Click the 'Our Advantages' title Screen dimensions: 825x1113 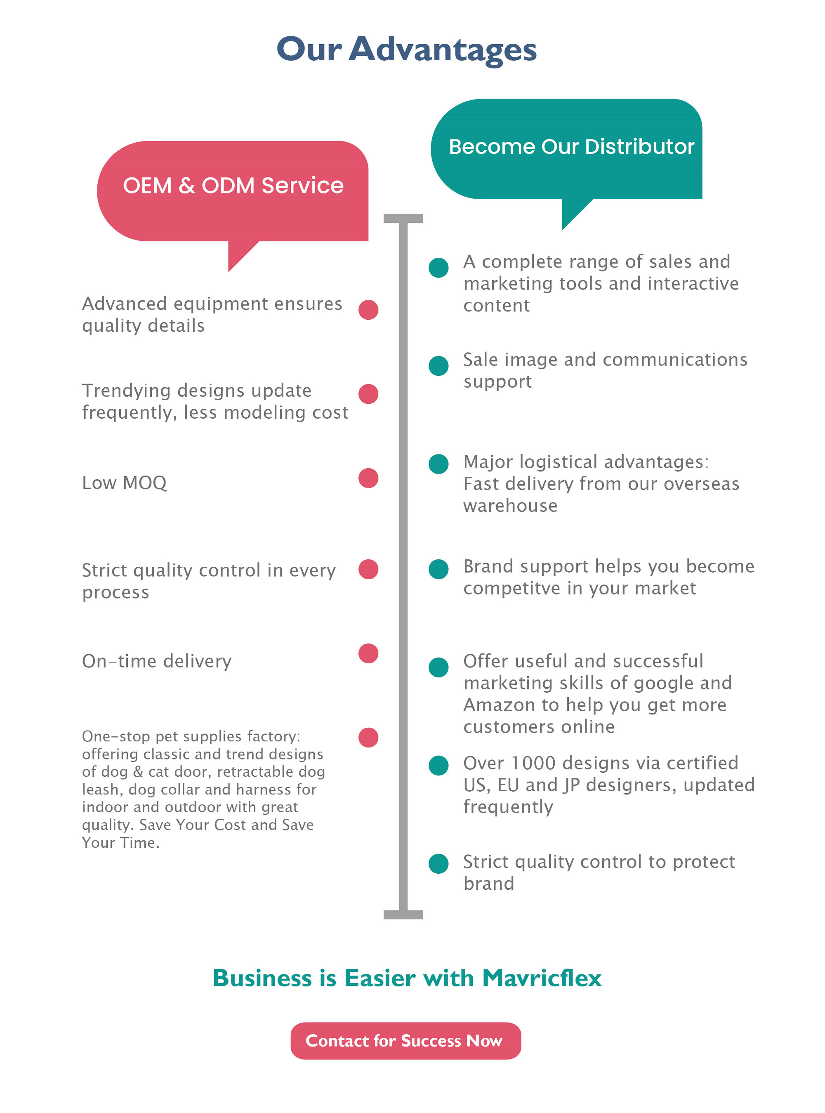406,50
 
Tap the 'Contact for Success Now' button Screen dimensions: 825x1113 405,1040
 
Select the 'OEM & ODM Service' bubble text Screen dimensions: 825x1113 233,185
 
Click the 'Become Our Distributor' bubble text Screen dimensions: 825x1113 571,146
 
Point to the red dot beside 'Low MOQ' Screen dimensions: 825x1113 368,478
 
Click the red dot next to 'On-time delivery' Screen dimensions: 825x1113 368,653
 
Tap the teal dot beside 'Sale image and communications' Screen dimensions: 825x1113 438,365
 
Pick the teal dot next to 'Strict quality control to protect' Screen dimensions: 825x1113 438,863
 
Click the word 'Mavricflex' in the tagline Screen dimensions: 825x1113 542,977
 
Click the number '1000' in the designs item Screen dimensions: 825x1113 533,763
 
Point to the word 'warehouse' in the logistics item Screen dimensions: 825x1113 510,506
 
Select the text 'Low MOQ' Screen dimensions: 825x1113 124,483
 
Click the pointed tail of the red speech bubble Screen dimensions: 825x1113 230,271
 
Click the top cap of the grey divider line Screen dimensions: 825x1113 403,218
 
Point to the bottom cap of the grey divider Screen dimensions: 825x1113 403,914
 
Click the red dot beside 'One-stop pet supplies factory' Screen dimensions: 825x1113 368,737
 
